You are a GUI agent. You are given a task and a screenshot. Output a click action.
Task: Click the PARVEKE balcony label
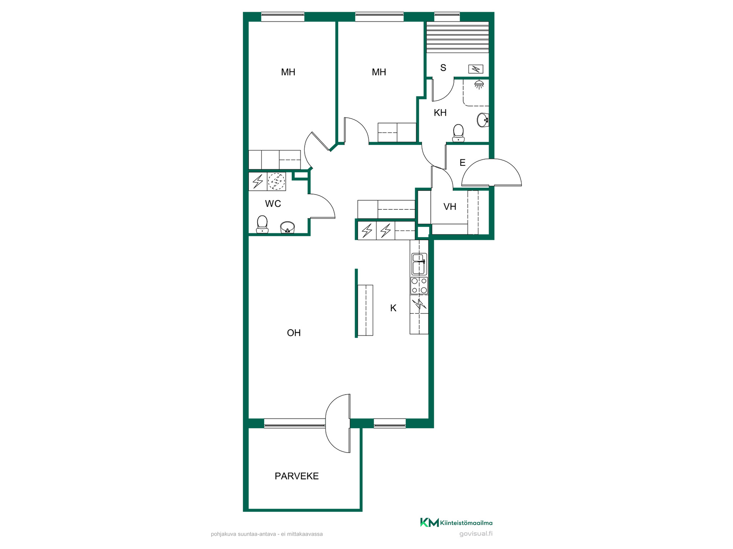(297, 476)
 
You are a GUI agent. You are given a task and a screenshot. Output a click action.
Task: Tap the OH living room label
(294, 333)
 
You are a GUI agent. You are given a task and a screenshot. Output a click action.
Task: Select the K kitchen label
(393, 308)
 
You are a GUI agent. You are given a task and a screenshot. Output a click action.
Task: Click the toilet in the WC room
(262, 224)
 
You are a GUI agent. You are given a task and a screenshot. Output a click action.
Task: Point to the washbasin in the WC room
(287, 227)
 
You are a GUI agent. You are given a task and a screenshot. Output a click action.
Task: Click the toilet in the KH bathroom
(458, 133)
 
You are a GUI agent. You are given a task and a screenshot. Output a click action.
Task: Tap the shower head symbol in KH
(479, 84)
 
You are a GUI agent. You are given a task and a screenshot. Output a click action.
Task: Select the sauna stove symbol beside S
(476, 69)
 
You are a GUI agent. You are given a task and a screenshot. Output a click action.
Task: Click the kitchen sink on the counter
(419, 263)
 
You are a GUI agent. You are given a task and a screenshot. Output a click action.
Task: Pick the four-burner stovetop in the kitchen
(419, 286)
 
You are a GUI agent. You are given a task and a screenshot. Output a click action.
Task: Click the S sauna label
(443, 68)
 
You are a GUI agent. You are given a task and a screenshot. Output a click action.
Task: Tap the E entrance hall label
(462, 163)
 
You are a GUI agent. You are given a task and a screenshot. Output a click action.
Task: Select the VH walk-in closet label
(450, 207)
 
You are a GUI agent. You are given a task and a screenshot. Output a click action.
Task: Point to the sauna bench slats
(457, 37)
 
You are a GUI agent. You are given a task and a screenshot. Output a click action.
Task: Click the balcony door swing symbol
(338, 423)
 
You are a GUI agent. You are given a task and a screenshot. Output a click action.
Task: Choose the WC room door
(322, 206)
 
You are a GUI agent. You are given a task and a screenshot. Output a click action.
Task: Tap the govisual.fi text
(476, 534)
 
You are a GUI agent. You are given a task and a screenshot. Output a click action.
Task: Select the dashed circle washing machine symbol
(276, 181)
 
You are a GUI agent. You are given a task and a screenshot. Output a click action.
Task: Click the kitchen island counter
(365, 310)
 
